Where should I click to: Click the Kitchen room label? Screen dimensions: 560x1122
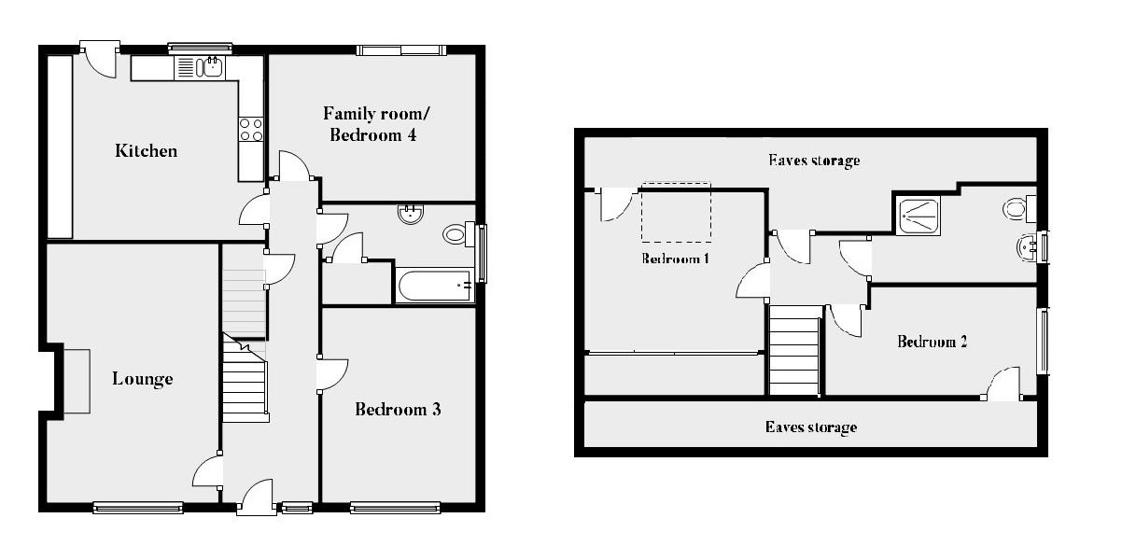click(x=146, y=150)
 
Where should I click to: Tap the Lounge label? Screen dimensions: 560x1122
click(x=143, y=379)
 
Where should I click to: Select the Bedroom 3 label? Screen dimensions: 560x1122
click(x=398, y=409)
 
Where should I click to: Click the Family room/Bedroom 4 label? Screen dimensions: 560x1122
click(x=370, y=124)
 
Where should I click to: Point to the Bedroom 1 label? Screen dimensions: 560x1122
click(x=676, y=259)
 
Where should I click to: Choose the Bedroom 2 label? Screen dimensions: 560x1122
click(x=932, y=342)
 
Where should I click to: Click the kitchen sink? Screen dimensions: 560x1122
click(x=202, y=67)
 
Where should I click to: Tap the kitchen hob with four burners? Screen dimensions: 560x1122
click(x=251, y=129)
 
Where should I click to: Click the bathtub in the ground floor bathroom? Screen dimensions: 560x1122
click(x=435, y=286)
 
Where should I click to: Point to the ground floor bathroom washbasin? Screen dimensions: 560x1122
click(x=410, y=215)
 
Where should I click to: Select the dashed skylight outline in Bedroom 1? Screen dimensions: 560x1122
click(x=676, y=212)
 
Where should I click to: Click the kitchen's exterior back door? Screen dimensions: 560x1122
click(x=98, y=58)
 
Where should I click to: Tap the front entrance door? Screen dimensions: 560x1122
click(x=255, y=497)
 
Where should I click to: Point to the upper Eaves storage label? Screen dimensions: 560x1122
click(x=813, y=161)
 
